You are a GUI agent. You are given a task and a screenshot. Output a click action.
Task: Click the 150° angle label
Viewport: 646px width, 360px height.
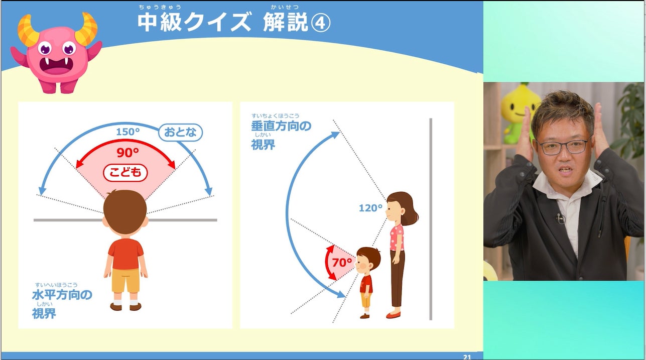128,132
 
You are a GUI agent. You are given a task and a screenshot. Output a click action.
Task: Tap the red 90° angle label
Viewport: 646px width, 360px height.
128,152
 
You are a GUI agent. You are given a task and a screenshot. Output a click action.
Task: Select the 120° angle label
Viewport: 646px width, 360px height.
370,208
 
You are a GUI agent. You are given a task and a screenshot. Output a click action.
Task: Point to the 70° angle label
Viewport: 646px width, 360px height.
342,263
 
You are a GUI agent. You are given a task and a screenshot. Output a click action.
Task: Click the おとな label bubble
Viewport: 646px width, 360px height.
181,133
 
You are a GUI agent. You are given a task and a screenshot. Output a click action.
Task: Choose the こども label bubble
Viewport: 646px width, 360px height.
125,173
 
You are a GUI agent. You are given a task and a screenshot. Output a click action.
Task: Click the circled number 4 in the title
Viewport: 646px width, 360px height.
320,24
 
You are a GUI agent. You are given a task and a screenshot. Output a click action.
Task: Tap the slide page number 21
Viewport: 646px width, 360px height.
467,357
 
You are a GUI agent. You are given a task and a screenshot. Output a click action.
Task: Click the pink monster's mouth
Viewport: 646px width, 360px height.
57,66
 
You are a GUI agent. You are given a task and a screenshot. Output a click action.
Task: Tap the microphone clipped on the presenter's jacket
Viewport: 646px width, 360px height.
560,218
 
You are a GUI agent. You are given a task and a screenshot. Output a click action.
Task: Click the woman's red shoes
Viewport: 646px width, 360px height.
394,315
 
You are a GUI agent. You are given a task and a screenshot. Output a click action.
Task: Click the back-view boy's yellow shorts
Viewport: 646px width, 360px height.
125,280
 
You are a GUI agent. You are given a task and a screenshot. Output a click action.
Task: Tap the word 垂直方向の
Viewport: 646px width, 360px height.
281,126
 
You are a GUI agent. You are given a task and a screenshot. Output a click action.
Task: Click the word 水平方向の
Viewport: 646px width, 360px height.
62,295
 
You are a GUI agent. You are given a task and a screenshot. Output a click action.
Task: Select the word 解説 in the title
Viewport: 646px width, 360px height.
286,23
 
